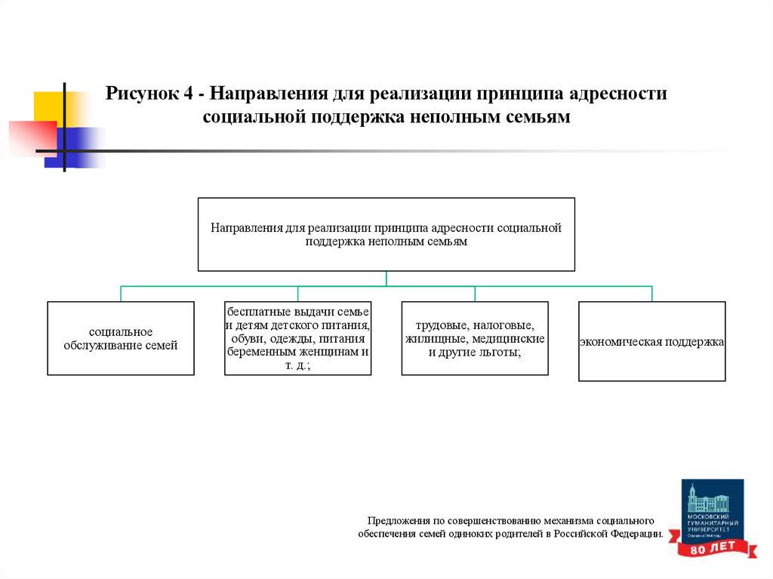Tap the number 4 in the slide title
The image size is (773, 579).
(x=187, y=95)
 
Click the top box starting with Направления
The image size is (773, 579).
(x=386, y=234)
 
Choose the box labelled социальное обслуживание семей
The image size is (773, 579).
(x=121, y=338)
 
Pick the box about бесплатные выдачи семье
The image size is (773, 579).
(x=297, y=338)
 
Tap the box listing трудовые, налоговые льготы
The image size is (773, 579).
(x=474, y=338)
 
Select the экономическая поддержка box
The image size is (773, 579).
(x=651, y=341)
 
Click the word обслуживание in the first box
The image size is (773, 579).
(x=102, y=345)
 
